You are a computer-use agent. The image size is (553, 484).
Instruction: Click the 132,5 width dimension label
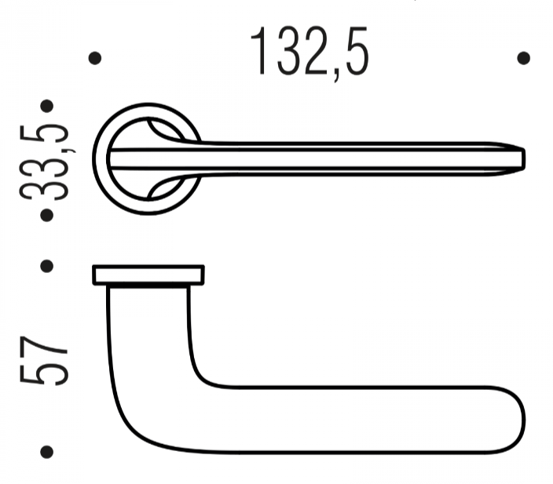tap(309, 53)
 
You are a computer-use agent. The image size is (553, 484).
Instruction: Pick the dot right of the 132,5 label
tap(524, 58)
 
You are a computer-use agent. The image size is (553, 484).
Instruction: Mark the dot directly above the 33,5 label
tap(48, 107)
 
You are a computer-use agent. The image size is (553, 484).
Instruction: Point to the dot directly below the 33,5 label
tap(48, 213)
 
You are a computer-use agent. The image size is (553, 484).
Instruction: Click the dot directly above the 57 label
tap(48, 266)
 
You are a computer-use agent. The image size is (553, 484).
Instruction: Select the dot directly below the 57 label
tap(48, 453)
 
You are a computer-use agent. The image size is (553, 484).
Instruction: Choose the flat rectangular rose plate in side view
tap(148, 275)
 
